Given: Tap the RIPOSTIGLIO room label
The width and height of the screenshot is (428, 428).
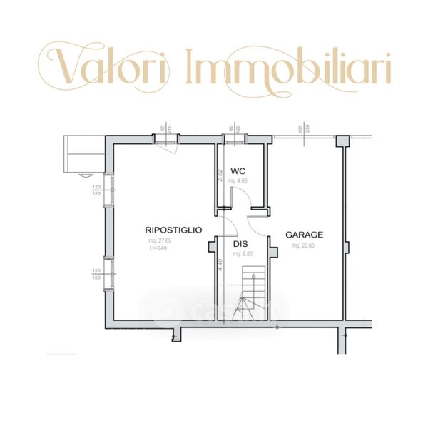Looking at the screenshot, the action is (173, 230).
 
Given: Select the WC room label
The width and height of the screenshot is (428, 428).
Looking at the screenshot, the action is (238, 171).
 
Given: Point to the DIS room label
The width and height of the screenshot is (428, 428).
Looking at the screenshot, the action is (240, 244).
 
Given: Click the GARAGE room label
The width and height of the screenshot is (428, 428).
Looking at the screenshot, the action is (305, 235).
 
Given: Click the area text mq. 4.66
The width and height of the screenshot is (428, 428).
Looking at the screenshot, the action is (238, 181).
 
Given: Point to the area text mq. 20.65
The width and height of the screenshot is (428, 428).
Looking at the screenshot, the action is (304, 245).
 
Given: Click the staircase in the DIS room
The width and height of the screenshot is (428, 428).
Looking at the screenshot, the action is (254, 292).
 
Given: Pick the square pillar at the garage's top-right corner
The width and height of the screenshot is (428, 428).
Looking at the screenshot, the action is (342, 141).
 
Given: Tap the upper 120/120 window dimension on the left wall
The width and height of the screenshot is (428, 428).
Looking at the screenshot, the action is (96, 190).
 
